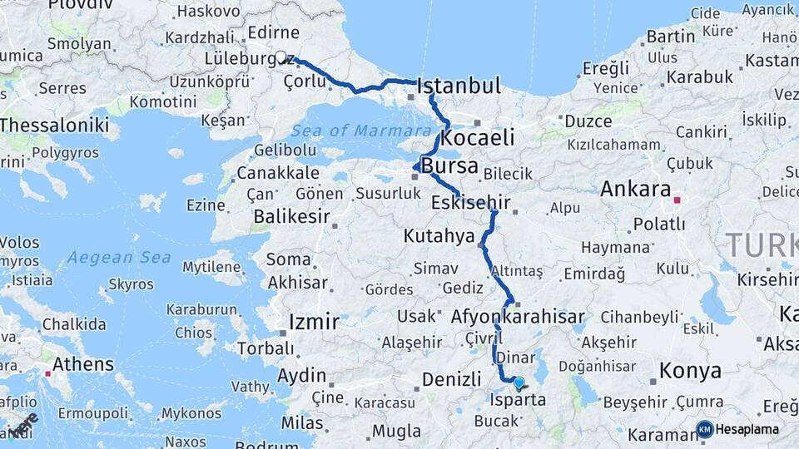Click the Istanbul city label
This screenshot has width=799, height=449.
pos(459,86)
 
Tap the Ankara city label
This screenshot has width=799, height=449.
pos(635,189)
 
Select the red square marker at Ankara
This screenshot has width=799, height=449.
pos(677,200)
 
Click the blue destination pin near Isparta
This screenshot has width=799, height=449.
pos(519,382)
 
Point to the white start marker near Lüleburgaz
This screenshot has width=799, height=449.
pos(280,57)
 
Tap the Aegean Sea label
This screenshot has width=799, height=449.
pos(119,258)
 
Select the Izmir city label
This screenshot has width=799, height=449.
pos(313,322)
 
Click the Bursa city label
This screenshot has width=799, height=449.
pos(449,165)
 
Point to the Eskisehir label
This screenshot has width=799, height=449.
pos(471,202)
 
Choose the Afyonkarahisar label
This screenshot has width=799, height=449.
pos(518,317)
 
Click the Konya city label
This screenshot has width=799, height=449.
pos(690,371)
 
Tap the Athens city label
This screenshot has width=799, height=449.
pos(83,364)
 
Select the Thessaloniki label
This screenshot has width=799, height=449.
pos(55,125)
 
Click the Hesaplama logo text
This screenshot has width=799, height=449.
pos(747,430)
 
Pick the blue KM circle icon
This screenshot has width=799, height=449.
pos(705,430)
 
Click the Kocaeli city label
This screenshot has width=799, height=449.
pos(478,137)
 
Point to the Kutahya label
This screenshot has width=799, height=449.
pos(439,236)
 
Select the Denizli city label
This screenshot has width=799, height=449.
pos(452,379)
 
